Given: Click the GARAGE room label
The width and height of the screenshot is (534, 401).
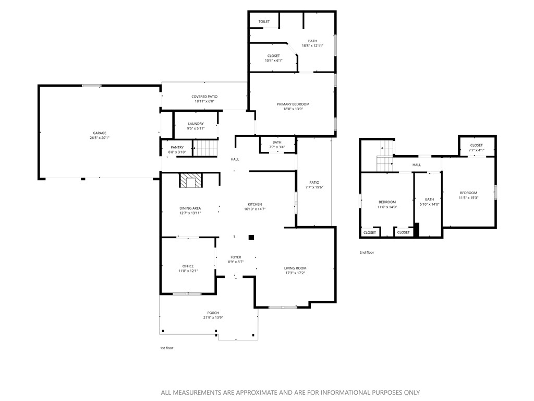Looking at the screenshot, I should point(100,133).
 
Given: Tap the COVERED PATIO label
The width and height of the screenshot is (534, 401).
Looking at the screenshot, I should point(204,97).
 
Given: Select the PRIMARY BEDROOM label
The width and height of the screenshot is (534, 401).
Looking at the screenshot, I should point(293,104).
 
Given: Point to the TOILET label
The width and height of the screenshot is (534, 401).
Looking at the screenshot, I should point(264,21).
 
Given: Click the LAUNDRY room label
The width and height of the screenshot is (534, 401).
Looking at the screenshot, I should point(196,124).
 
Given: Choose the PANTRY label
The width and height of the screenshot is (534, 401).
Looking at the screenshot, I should point(177,147).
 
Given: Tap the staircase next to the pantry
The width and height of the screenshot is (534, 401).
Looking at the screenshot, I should point(204,148).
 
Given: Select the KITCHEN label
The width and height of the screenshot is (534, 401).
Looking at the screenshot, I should point(254,204).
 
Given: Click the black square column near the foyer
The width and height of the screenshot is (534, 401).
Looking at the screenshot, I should point(251,237).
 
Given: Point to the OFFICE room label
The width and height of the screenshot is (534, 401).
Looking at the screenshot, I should point(188,266).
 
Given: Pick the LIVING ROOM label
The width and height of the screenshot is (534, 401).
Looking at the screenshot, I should point(295,268).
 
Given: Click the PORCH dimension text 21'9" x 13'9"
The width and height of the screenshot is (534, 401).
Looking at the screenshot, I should point(212,317).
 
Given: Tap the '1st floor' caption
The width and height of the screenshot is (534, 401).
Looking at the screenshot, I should point(166,348).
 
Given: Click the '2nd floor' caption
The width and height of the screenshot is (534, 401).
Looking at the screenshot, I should point(367,252).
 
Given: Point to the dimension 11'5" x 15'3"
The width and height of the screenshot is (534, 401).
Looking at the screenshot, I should point(468,198).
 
